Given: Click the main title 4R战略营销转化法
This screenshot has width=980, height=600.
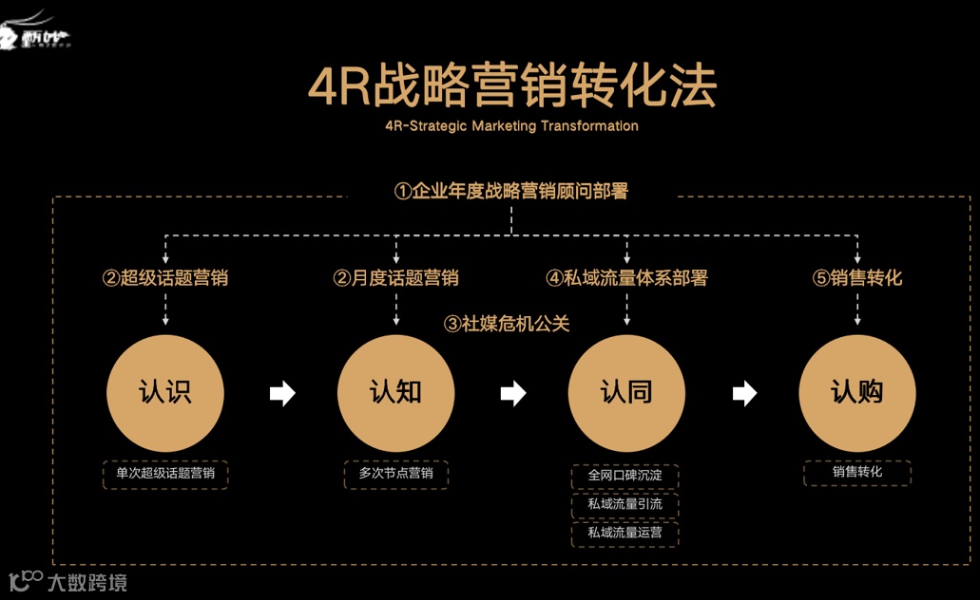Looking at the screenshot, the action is pos(512,85).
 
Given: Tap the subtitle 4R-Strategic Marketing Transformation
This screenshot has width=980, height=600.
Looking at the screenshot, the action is pos(512,126).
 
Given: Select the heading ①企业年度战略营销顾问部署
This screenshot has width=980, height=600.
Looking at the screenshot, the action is pos(511,191).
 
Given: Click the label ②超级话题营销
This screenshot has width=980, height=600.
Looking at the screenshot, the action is pos(165,278).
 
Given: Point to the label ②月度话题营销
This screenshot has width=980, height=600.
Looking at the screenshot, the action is pos(395,278).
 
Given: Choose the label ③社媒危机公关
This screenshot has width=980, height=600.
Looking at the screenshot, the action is pos(507,324).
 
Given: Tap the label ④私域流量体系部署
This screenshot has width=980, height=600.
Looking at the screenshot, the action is pos(626,278).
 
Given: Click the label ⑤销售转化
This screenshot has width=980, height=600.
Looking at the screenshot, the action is pos(856,278).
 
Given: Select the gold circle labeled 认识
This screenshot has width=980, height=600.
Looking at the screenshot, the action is pos(165,393).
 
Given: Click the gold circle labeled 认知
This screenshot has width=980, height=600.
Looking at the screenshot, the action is pos(395,393).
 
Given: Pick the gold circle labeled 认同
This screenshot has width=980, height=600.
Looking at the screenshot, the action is pos(626,393).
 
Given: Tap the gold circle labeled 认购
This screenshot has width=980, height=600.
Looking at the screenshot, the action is pos(856,393).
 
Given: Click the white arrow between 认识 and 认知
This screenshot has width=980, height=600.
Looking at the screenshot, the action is pos(282,393).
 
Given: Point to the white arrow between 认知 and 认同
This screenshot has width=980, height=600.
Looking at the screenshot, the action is pos(513,393).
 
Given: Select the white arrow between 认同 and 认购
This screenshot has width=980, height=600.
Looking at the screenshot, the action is pos(744,393).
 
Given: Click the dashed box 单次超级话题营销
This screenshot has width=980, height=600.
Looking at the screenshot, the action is pos(165,474).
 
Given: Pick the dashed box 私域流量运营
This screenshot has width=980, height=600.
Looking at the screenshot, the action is pos(625,534).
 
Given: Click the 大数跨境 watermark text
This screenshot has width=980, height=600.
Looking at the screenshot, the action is pos(86,582).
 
